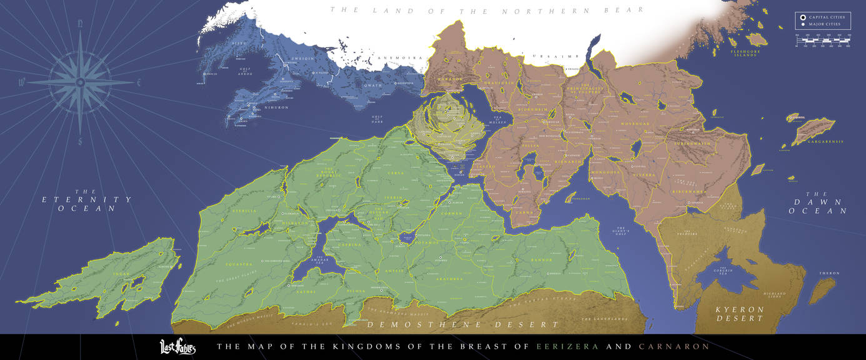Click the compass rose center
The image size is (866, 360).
[x=80, y=82]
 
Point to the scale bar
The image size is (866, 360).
[x=822, y=41]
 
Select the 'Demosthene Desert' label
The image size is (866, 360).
[x=462, y=324]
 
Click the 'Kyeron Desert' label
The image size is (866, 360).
[x=740, y=314]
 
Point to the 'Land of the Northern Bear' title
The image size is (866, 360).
[x=486, y=11]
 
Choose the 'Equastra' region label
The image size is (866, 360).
[x=238, y=264]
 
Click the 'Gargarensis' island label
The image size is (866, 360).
[x=827, y=142]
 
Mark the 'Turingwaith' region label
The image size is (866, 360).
[x=692, y=143]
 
